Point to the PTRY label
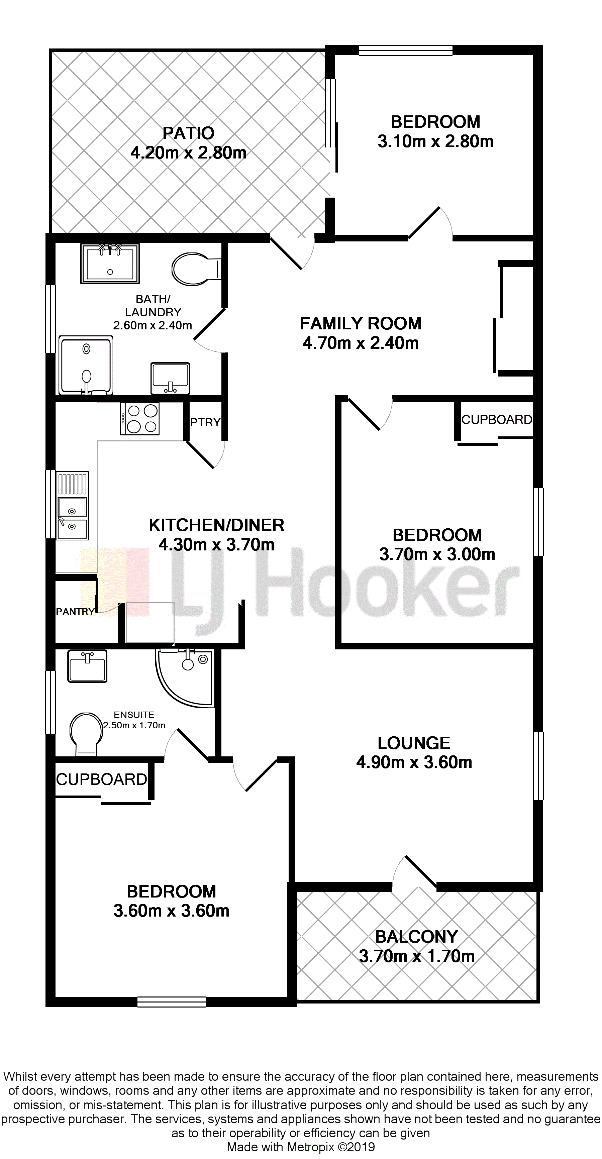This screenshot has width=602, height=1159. pos(205,422)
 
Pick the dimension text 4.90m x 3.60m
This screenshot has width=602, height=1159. pos(414,762)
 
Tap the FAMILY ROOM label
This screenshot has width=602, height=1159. pos(361,323)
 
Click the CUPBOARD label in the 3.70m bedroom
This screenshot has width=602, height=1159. pos(497,419)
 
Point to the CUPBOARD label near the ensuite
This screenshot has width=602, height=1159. pos(102,779)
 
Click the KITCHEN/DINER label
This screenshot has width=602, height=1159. pos(216,525)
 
